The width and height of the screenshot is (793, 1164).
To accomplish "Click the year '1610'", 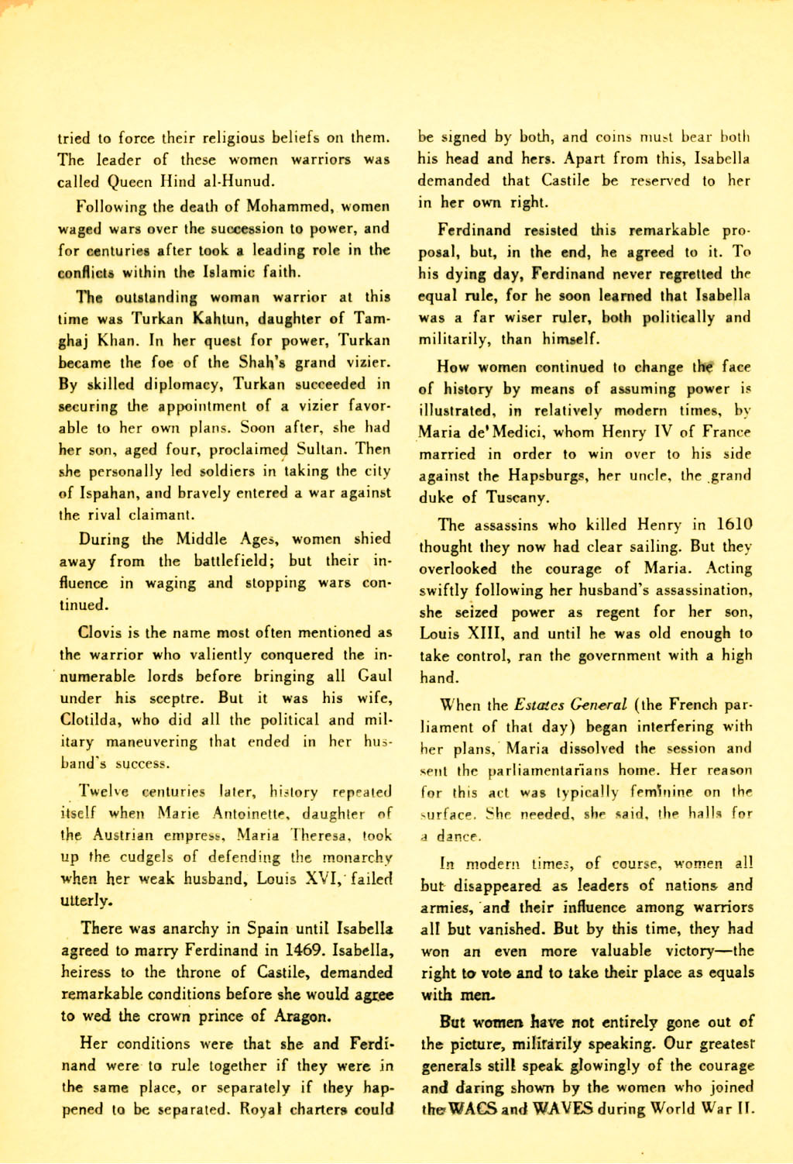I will pyautogui.click(x=733, y=525).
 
